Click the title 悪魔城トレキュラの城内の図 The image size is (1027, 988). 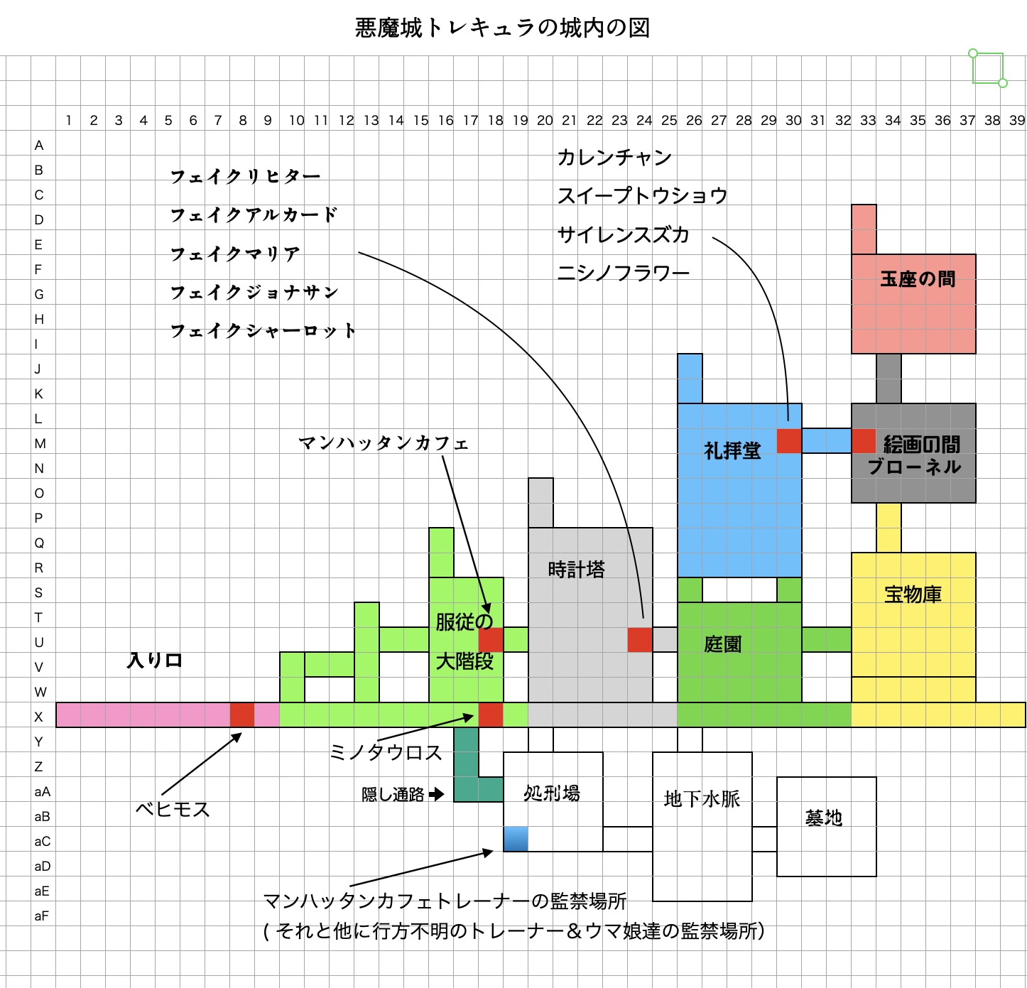click(x=502, y=28)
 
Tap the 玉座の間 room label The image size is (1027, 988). click(x=917, y=279)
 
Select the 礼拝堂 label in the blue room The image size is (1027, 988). click(x=732, y=451)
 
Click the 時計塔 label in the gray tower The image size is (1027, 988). click(x=576, y=570)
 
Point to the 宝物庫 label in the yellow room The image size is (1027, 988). click(x=913, y=595)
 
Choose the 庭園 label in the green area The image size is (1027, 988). click(x=723, y=644)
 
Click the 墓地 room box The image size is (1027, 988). click(x=826, y=826)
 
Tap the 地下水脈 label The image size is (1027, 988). click(x=702, y=799)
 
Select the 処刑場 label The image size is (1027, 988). click(x=552, y=793)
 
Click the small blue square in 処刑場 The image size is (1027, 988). click(x=516, y=839)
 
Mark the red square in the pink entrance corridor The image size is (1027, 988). click(x=242, y=715)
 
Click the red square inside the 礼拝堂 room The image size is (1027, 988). click(x=789, y=441)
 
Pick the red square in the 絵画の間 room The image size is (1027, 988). click(x=864, y=441)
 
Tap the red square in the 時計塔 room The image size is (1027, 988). click(x=640, y=640)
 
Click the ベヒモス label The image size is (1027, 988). click(x=173, y=810)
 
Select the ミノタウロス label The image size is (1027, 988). click(x=386, y=753)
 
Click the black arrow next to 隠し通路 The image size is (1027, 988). click(x=437, y=793)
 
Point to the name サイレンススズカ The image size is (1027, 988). click(x=623, y=235)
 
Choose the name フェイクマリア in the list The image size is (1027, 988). click(x=235, y=254)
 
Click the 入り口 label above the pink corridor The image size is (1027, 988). click(x=155, y=661)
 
